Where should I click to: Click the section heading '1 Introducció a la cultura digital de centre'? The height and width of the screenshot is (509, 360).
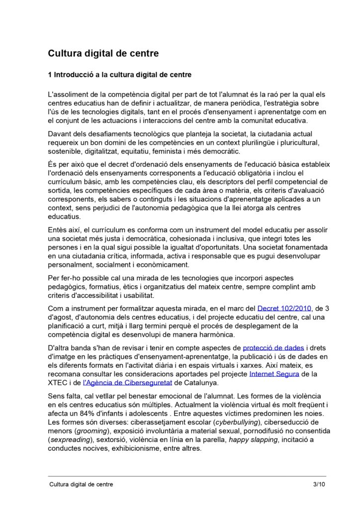[x=119, y=76]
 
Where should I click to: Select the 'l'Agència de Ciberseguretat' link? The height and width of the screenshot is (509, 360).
[x=127, y=382]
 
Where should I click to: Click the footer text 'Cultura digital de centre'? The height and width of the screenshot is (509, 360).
[x=81, y=484]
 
